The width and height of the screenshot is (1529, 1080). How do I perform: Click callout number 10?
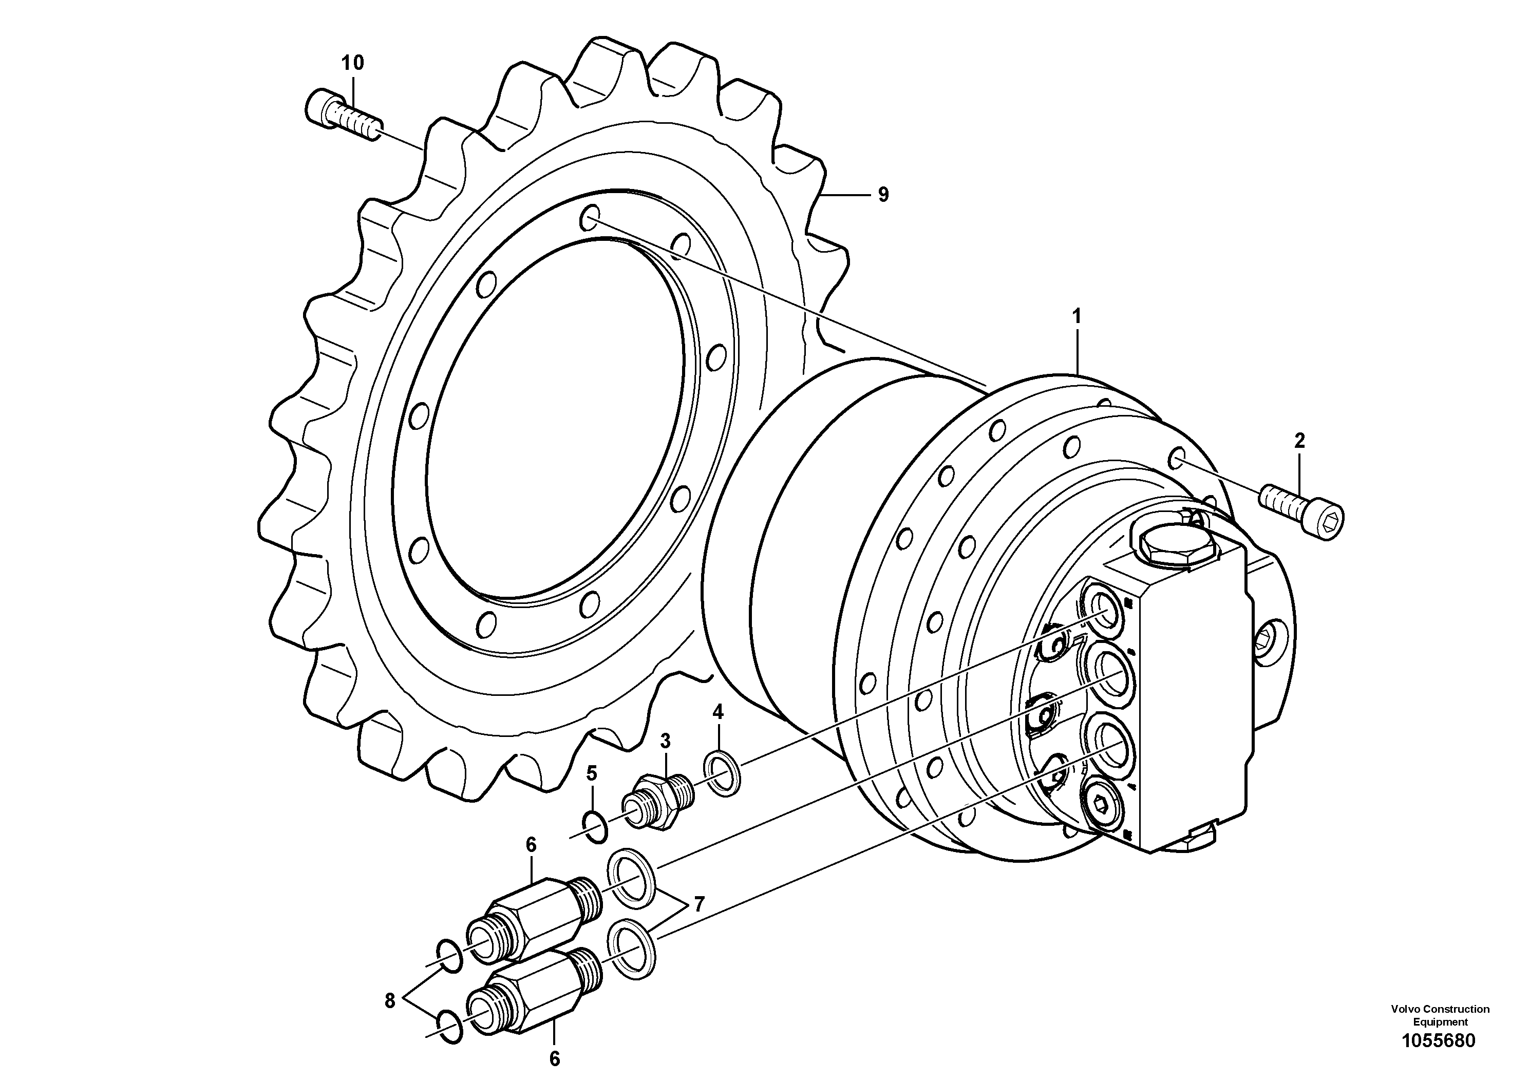pos(353,63)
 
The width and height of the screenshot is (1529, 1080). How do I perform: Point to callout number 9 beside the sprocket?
pos(883,195)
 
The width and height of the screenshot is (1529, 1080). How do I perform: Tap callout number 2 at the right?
pos(1299,440)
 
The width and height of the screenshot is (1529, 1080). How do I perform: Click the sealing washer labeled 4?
pos(723,772)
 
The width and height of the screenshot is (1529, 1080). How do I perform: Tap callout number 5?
pos(591,773)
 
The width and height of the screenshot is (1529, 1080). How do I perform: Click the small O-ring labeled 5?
pos(594,826)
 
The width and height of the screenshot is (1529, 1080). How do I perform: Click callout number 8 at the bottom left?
pos(390,1000)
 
